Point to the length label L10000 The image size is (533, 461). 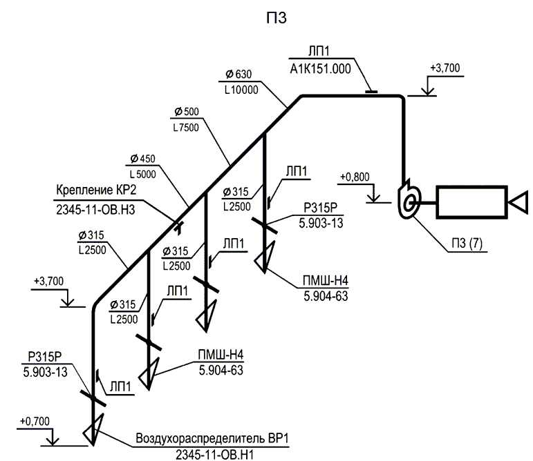[241, 90]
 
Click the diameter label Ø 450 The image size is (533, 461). [143, 159]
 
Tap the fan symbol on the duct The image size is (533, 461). [409, 200]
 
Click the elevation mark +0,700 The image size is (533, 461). [34, 421]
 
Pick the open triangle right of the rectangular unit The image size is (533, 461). [517, 202]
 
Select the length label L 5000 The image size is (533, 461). [143, 175]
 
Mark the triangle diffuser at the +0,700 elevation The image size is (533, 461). [92, 429]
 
